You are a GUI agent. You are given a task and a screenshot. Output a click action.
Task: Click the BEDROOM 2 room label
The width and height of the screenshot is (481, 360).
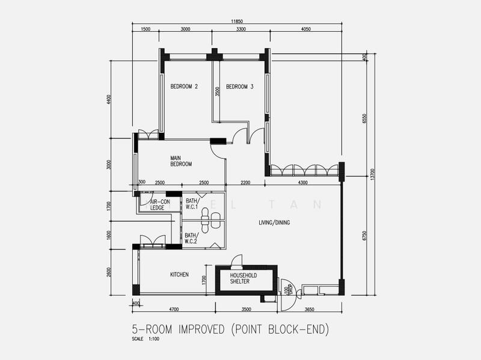(x=184, y=87)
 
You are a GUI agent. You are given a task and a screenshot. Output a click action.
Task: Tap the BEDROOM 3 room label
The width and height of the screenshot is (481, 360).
(x=240, y=87)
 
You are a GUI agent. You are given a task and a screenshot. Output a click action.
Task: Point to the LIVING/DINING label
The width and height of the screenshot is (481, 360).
(x=274, y=222)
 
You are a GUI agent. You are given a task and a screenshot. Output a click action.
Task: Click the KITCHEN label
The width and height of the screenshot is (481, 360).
(x=179, y=275)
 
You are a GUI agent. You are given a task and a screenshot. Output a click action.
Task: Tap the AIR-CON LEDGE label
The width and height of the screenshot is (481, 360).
(x=158, y=204)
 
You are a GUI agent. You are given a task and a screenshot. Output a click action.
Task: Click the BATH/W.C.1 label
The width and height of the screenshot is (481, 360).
(x=193, y=204)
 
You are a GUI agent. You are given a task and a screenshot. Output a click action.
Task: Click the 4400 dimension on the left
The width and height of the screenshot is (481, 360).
(x=109, y=99)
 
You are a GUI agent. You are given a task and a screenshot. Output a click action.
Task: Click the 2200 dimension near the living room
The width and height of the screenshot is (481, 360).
(x=245, y=182)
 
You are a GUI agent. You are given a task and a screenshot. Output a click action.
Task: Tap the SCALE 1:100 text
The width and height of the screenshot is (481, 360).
(x=146, y=339)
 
